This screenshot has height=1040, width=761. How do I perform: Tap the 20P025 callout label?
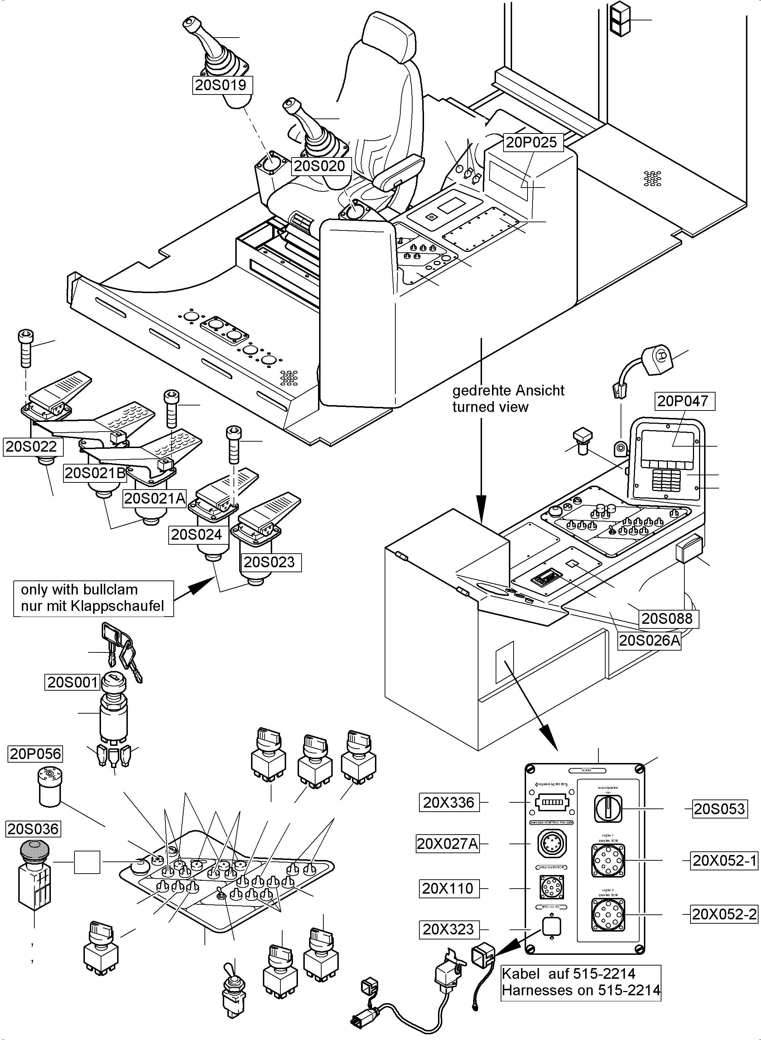coord(531,142)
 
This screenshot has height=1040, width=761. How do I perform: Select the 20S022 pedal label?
coord(31,447)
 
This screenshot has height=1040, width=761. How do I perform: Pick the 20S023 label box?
coord(269,562)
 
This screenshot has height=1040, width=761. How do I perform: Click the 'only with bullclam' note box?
coord(93,598)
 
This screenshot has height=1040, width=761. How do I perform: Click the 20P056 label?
coord(35,754)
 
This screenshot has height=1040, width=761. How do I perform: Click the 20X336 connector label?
coord(448,802)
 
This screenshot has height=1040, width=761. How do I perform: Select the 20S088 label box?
coord(667,618)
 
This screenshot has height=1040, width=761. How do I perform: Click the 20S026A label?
coord(649,640)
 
